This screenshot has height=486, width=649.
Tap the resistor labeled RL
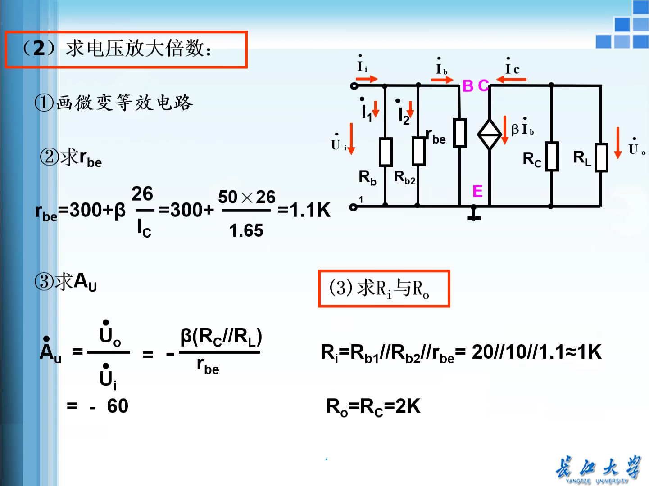click(601, 157)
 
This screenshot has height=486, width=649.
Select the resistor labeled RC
click(552, 157)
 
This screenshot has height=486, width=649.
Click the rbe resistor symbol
click(460, 133)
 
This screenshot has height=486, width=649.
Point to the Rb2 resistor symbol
click(418, 152)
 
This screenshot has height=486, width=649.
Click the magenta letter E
click(477, 192)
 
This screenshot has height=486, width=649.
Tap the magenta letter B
click(468, 86)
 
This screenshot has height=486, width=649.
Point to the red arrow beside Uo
click(618, 143)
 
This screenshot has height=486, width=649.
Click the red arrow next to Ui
click(351, 139)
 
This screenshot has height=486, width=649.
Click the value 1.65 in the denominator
click(246, 231)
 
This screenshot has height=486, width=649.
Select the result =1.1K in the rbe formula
click(304, 210)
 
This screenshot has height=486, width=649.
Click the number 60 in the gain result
click(118, 406)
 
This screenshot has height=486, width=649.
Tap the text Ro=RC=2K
click(373, 407)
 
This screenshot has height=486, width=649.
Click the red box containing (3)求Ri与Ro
click(384, 289)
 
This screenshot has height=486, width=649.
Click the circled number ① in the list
click(44, 103)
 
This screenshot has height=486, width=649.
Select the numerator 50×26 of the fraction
click(246, 197)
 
